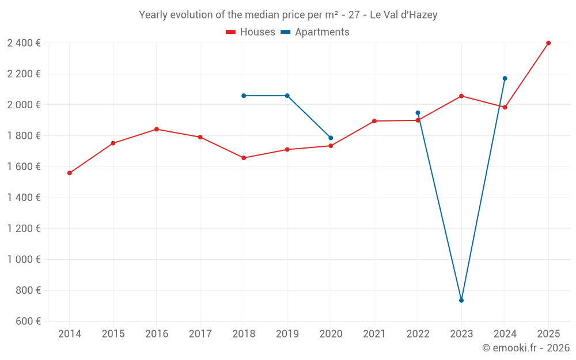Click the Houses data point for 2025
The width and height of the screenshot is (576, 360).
click(548, 43)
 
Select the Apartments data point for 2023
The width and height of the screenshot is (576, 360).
click(461, 301)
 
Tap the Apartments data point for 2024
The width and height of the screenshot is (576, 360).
click(505, 78)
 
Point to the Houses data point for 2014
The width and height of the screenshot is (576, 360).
click(70, 173)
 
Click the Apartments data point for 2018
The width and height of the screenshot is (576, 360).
click(244, 96)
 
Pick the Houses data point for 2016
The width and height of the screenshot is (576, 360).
click(157, 129)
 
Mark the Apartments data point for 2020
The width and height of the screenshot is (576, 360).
click(331, 138)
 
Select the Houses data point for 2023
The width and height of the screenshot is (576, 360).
click(461, 96)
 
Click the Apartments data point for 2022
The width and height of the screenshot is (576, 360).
click(418, 113)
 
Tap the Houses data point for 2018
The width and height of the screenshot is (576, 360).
click(244, 158)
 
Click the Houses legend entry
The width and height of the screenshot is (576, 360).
click(251, 32)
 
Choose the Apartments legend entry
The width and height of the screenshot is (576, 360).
click(315, 32)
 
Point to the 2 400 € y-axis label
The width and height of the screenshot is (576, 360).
click(24, 43)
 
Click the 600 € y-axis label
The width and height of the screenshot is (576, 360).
click(28, 321)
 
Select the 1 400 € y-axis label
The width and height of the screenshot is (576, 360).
click(24, 198)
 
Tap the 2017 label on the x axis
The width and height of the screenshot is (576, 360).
click(200, 334)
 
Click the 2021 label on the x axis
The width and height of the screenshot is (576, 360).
click(374, 334)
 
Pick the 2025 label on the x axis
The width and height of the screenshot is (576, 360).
click(548, 334)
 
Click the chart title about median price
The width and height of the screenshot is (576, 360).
click(288, 15)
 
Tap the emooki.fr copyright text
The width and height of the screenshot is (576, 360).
click(525, 348)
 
